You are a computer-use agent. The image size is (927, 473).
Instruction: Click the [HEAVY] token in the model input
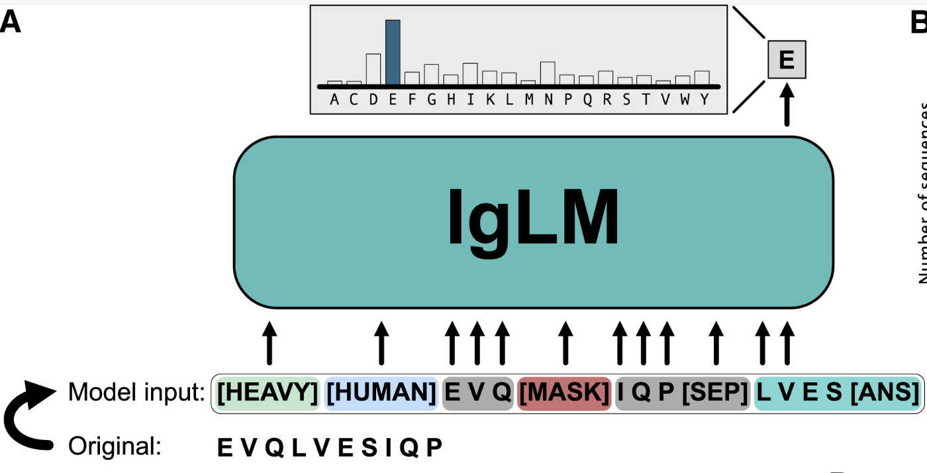pos(268,394)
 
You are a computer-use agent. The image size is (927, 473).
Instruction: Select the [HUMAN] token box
pos(381,394)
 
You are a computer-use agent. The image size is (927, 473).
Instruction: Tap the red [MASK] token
pos(564,394)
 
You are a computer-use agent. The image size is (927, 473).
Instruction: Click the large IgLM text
pos(533,218)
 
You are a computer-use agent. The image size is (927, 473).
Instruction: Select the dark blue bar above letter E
pos(393,52)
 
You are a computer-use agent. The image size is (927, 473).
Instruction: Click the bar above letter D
pos(373,69)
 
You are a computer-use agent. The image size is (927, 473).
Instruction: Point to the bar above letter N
pos(548,73)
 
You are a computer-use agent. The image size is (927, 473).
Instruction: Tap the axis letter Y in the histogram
pos(704,100)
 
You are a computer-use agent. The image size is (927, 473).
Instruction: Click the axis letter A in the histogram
pos(334,100)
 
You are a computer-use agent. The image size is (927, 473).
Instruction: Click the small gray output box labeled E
pos(786,60)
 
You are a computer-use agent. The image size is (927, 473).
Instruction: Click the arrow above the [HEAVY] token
pos(268,343)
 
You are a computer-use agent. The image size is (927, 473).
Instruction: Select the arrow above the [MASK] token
pos(565,343)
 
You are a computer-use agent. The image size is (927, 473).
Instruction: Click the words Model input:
pos(136,394)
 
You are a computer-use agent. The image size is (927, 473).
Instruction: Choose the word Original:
pos(115,447)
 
